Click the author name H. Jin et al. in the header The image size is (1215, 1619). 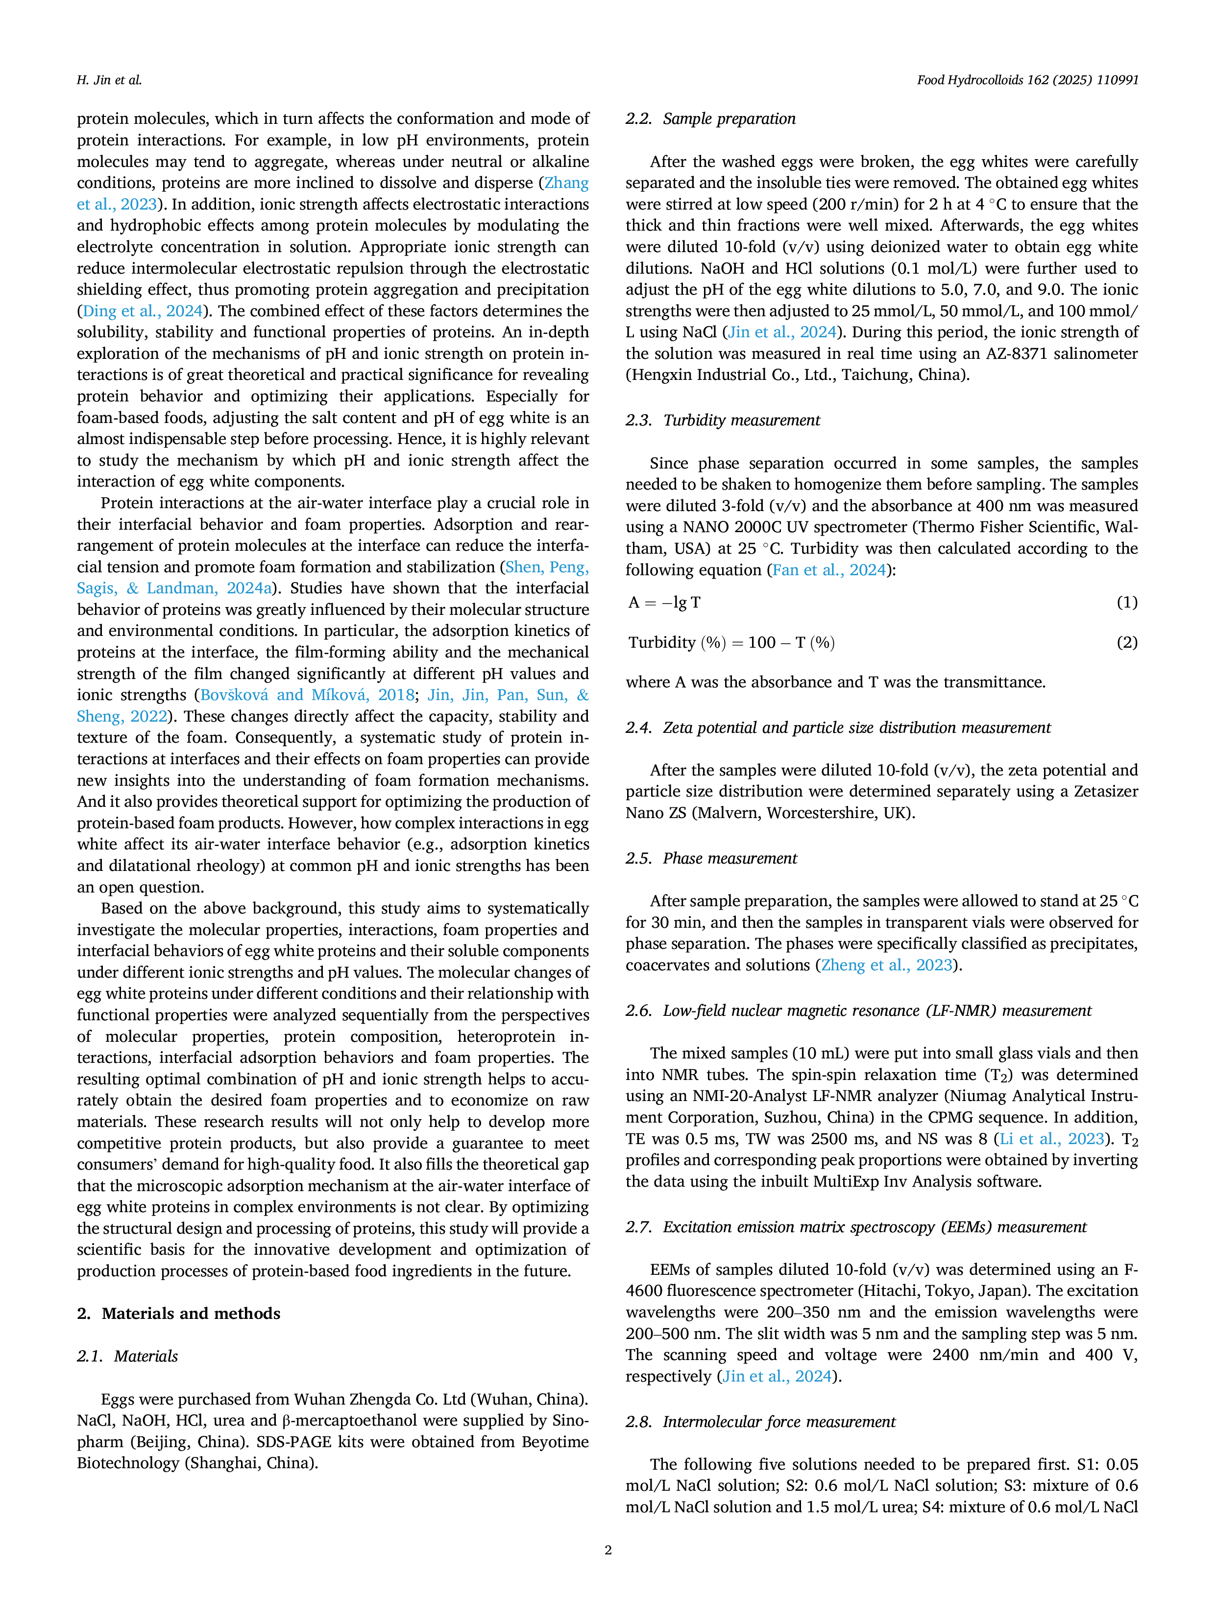(109, 80)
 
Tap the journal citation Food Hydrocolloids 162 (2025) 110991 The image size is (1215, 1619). (1027, 80)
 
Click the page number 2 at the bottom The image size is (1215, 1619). (608, 1549)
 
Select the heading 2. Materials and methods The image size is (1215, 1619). (179, 1313)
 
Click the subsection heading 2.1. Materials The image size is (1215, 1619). (127, 1356)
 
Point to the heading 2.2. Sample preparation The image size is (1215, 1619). (710, 118)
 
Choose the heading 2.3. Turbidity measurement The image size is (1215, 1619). (723, 420)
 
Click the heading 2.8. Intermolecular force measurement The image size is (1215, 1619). (760, 1421)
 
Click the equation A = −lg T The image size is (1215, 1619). (664, 602)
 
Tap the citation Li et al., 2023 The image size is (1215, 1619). (1052, 1139)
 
